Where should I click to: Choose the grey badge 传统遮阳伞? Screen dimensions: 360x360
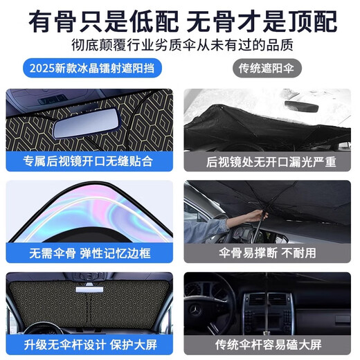tap(267, 69)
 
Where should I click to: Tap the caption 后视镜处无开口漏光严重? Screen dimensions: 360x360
tap(271, 162)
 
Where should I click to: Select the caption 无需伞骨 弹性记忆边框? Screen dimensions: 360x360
tap(89, 253)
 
